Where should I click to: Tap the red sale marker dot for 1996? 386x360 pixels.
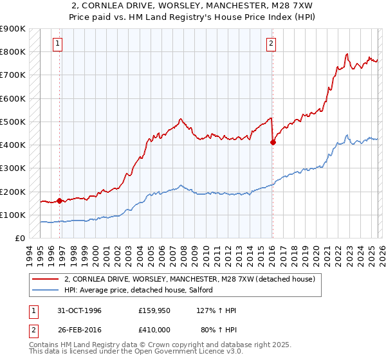(60, 201)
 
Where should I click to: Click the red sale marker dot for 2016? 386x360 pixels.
(273, 143)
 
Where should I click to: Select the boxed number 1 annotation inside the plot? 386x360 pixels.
(58, 44)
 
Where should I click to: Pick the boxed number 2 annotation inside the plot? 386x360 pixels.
(271, 44)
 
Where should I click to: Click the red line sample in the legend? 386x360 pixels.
(46, 280)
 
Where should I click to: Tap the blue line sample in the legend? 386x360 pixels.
(46, 291)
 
